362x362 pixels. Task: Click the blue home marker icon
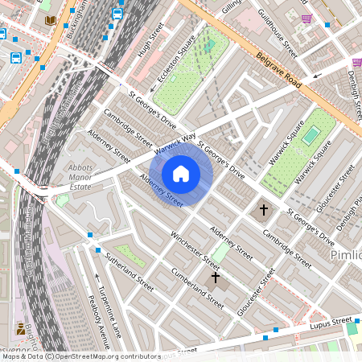(x=181, y=173)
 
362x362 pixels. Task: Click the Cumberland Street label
(x=197, y=287)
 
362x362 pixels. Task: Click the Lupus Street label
(x=331, y=323)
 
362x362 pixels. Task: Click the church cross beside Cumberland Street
(x=215, y=278)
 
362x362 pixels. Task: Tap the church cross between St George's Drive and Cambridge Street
(x=263, y=210)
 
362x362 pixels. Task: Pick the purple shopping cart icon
(x=306, y=18)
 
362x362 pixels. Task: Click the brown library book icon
(x=51, y=19)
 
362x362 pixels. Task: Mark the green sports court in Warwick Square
(x=311, y=136)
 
